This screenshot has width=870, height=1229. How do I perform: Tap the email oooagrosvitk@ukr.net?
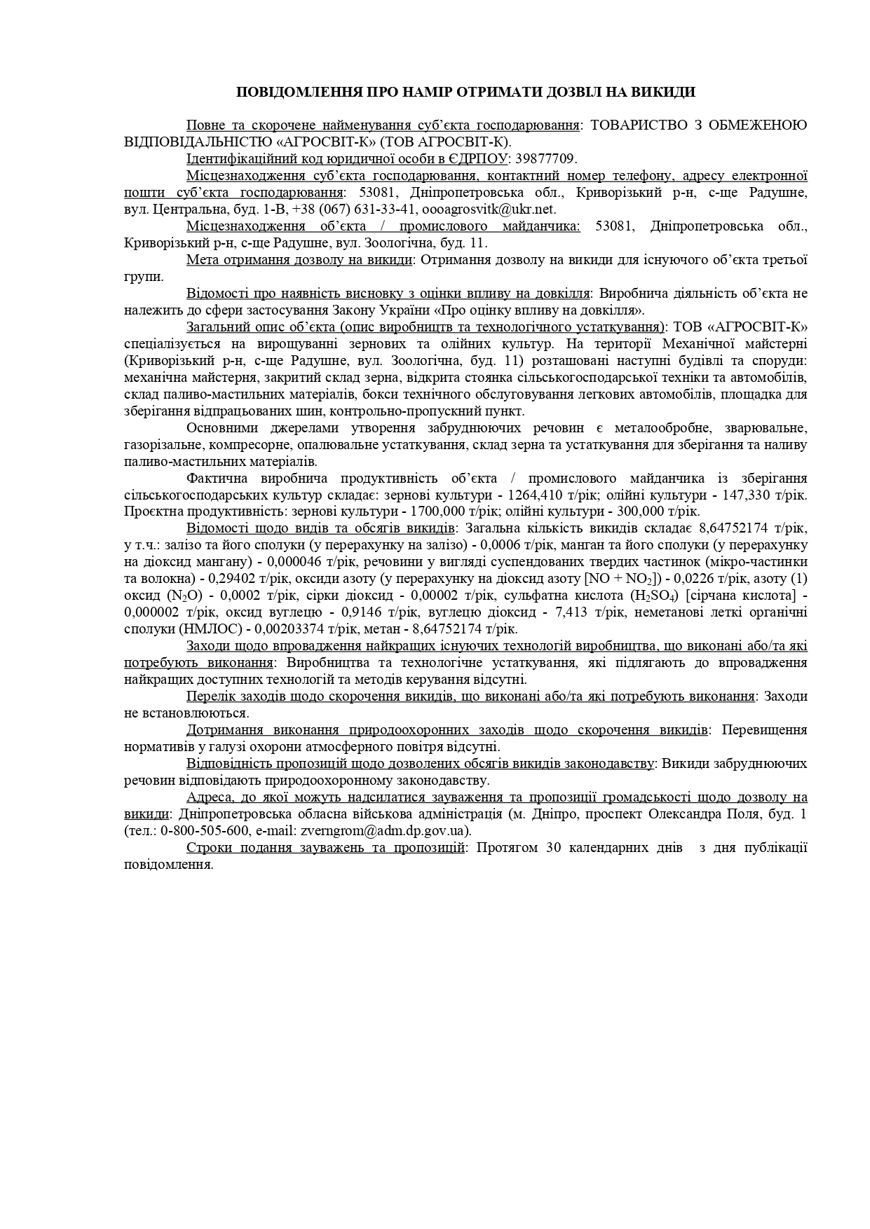pos(489,209)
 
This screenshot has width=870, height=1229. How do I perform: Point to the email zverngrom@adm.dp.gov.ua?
pos(384,830)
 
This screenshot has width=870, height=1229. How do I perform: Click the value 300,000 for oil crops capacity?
pos(665,511)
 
